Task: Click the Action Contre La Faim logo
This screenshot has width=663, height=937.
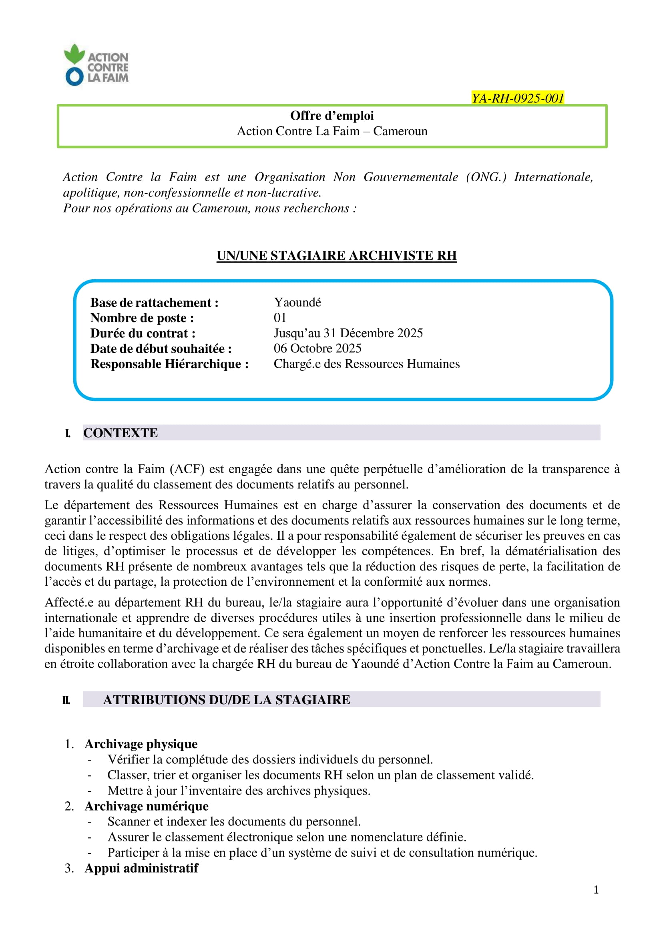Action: pos(96,65)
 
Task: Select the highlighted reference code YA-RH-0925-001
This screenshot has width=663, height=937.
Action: pos(518,98)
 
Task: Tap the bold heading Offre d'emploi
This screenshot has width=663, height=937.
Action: pos(332,116)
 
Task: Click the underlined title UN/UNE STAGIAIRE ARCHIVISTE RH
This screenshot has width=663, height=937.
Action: pos(336,256)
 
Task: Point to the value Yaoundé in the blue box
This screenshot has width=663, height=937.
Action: pos(297,302)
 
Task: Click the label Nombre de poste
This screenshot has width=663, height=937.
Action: pos(142,318)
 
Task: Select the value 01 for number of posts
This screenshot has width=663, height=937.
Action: pos(280,318)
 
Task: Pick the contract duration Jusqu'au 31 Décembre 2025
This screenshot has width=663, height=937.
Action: pos(348,333)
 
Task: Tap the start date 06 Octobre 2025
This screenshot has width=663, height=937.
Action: pos(317,348)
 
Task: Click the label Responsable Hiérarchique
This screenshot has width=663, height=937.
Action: pos(169,364)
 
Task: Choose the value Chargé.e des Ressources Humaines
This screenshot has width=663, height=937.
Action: pos(366,364)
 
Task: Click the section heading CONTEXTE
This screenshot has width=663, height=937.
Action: pos(121,433)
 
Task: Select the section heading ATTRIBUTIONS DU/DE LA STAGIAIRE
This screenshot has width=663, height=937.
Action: pos(226,699)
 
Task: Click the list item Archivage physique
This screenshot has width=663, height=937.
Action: pos(141,744)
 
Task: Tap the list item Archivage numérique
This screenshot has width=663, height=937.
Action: pos(146,806)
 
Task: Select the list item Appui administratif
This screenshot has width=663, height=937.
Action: pos(141,868)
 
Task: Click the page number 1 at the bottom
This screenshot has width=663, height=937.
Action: pos(596,890)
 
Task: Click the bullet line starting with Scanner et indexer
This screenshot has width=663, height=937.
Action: pos(234,821)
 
